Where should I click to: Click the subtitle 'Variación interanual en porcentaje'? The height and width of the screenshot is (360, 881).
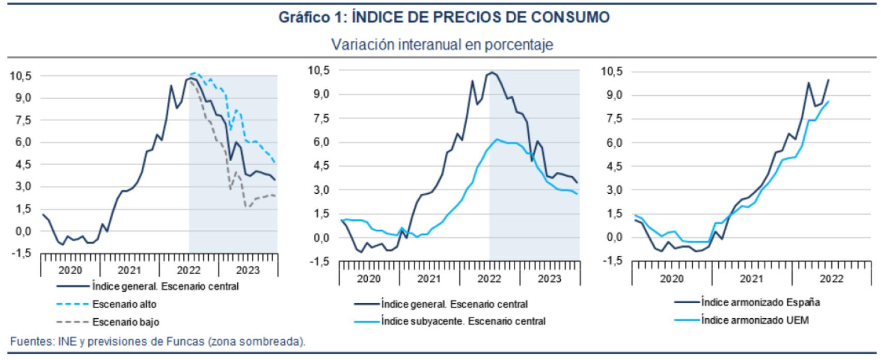coord(442,45)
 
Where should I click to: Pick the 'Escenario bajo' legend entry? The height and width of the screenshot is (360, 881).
coord(125,322)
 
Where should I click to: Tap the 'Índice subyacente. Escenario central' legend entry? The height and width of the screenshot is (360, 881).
coord(463,321)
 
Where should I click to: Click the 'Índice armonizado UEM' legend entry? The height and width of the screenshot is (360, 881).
coord(754,320)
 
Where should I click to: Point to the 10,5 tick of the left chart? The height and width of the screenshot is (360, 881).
coord(21,76)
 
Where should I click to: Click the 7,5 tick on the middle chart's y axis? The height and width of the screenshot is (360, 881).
coord(319,119)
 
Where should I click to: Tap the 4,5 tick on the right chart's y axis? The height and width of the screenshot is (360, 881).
coord(612,166)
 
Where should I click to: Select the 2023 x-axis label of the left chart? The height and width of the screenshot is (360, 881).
coord(248,270)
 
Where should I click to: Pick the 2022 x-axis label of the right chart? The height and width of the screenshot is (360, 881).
coord(831,279)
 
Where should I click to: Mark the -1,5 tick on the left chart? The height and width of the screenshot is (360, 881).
coord(21,254)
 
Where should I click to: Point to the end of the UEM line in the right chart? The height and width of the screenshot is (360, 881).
coord(829,101)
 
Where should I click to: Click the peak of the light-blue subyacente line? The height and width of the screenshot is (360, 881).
coord(497,139)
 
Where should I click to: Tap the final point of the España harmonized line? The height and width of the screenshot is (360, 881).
coord(829,80)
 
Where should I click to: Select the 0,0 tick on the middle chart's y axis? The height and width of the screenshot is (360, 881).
coord(319,238)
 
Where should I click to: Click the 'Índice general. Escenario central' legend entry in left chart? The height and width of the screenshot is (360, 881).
coord(165,286)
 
